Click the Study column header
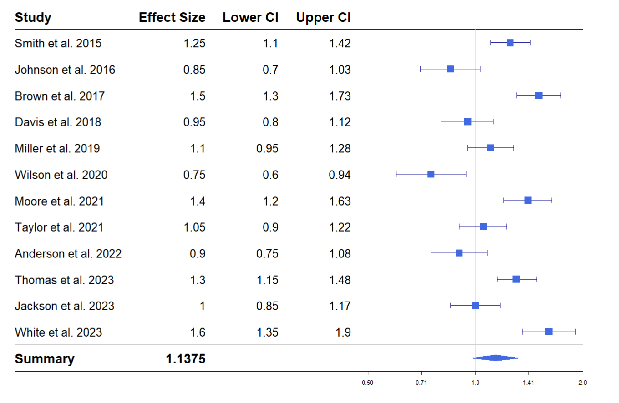pyautogui.click(x=33, y=18)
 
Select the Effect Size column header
pyautogui.click(x=172, y=18)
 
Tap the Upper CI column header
pyautogui.click(x=323, y=18)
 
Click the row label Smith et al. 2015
pyautogui.click(x=58, y=44)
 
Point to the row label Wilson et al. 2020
pyautogui.click(x=61, y=175)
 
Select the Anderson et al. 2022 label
pyautogui.click(x=68, y=253)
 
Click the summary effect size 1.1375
pyautogui.click(x=185, y=359)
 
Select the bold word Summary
pyautogui.click(x=44, y=359)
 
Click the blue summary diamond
pyautogui.click(x=496, y=358)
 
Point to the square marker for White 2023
pyautogui.click(x=548, y=332)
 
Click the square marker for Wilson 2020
pyautogui.click(x=431, y=174)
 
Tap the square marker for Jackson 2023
pyautogui.click(x=475, y=305)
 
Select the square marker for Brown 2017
pyautogui.click(x=538, y=96)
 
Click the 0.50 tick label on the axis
pyautogui.click(x=368, y=383)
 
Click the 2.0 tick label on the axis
pyautogui.click(x=583, y=383)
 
